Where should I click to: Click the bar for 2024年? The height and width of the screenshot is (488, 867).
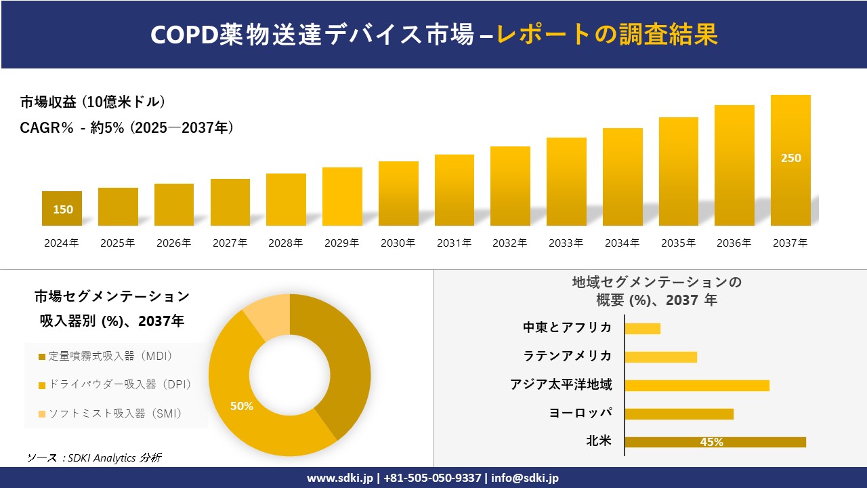tap(62, 209)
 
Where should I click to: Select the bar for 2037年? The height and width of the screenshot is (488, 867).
tap(790, 161)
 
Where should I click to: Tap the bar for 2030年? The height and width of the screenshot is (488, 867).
tap(398, 194)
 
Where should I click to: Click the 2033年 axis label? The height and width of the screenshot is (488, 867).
tap(566, 243)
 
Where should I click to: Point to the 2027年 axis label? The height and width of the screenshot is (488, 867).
tap(230, 243)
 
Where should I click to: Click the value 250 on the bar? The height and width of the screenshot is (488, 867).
tap(790, 158)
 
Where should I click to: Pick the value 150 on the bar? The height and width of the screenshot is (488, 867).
tap(63, 209)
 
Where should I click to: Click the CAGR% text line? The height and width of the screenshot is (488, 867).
tap(127, 127)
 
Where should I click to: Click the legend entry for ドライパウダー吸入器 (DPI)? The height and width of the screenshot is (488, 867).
tap(115, 384)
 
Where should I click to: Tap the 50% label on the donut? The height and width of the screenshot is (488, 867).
tap(242, 406)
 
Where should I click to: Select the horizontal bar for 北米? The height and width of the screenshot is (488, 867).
tap(715, 442)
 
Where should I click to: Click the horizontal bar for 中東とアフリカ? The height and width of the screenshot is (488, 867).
tap(642, 328)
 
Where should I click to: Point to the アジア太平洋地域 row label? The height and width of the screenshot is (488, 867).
tap(561, 385)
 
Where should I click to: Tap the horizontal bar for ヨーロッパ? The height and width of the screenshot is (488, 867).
tap(679, 413)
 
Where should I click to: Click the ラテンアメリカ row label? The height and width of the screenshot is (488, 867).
tap(568, 357)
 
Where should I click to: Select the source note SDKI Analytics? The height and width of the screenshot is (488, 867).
tap(94, 457)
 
